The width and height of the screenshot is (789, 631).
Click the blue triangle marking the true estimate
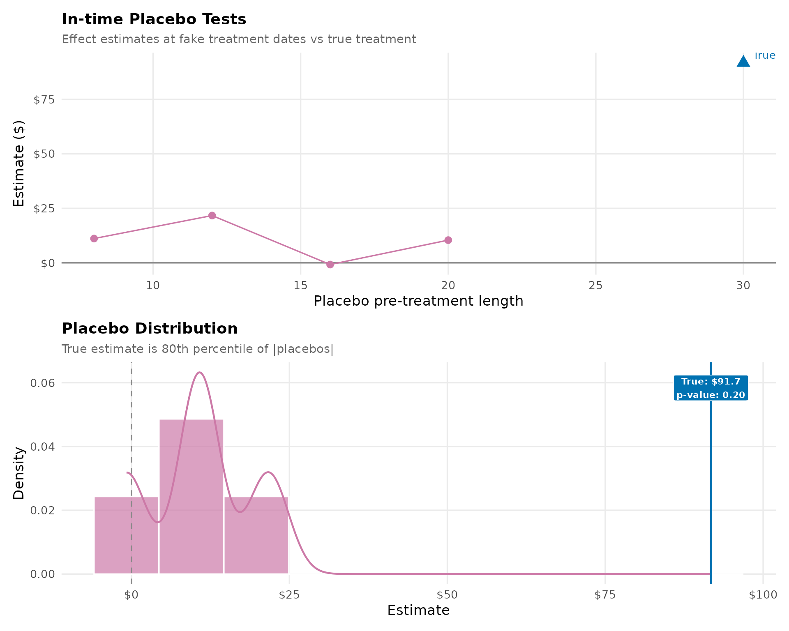tap(743, 62)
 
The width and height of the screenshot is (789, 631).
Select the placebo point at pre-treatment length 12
tap(212, 216)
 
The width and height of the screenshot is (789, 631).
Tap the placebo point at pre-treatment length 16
tap(330, 265)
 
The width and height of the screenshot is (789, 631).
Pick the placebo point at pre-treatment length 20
tap(448, 240)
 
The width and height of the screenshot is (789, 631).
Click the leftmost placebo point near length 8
tap(94, 239)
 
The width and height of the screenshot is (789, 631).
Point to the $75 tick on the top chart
tap(44, 100)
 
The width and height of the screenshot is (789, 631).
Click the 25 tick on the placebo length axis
tap(595, 286)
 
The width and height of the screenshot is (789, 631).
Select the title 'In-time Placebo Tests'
tap(154, 19)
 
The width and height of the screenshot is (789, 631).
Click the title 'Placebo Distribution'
tap(150, 329)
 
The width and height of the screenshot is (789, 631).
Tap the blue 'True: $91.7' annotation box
tap(711, 388)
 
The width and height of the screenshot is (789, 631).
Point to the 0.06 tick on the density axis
tap(42, 383)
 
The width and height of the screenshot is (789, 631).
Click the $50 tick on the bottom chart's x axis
tap(447, 595)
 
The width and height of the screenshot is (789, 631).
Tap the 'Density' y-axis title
tap(19, 473)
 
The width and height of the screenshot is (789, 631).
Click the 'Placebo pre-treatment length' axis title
tap(418, 301)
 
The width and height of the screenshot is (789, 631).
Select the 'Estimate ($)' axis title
tap(19, 164)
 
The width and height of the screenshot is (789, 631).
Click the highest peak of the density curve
tap(199, 373)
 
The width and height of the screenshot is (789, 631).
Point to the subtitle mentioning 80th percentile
tap(197, 349)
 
